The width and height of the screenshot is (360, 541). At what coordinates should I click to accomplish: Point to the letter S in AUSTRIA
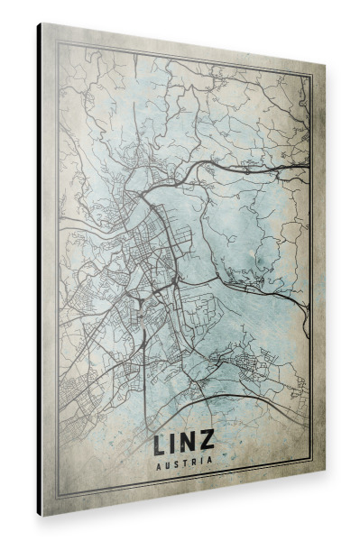click(x=177, y=463)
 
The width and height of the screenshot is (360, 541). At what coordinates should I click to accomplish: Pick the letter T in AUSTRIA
click(x=186, y=463)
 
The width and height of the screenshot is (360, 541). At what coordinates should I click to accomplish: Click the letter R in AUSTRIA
click(x=195, y=463)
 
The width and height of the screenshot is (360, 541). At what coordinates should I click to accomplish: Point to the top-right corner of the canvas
click(x=322, y=67)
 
